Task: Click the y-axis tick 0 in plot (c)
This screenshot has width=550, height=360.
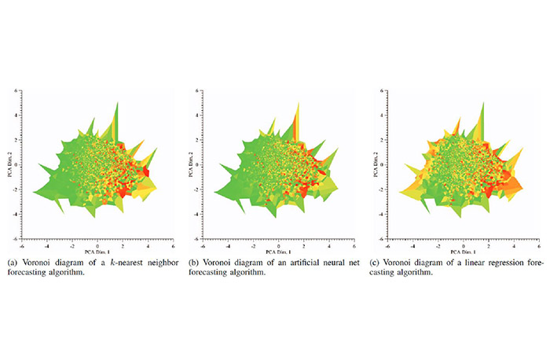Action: point(380,165)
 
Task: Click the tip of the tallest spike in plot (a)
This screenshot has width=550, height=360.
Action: point(117,101)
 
